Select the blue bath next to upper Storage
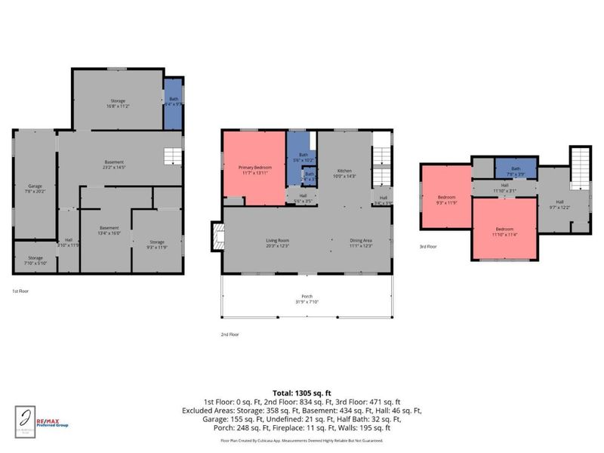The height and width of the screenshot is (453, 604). (174, 102)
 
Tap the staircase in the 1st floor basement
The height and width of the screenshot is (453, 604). (174, 157)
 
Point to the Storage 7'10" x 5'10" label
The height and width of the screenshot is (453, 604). (35, 261)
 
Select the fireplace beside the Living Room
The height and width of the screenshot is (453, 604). (217, 235)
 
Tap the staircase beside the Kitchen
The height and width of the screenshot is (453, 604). (382, 159)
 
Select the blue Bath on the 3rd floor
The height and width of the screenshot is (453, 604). (516, 171)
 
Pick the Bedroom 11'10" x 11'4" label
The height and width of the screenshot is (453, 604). (504, 230)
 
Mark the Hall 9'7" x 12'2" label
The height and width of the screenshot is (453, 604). (559, 203)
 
